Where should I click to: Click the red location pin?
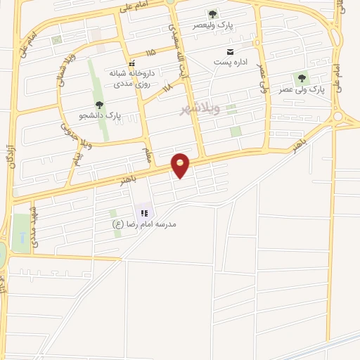(x=181, y=165)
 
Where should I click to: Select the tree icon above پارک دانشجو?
(x=99, y=105)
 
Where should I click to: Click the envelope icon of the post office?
(x=229, y=51)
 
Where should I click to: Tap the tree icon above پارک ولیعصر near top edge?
(x=212, y=14)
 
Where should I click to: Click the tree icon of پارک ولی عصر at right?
(x=302, y=78)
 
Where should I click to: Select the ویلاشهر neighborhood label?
(x=200, y=109)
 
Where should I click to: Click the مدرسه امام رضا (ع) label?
(x=145, y=224)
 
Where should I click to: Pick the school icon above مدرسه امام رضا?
(x=145, y=212)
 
